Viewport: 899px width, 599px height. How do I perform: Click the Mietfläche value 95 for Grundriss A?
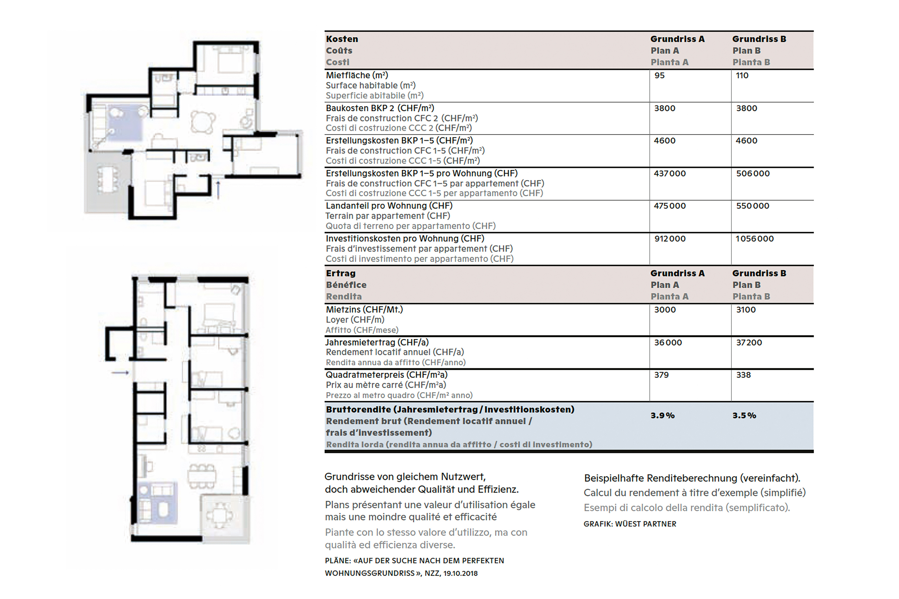click(659, 75)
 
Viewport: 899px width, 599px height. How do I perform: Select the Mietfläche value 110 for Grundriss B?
click(742, 75)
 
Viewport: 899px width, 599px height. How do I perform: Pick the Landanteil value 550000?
click(753, 206)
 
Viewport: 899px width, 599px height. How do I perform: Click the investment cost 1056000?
click(754, 239)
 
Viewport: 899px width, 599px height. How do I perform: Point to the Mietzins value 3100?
click(746, 310)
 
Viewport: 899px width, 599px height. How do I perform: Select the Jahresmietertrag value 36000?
click(668, 343)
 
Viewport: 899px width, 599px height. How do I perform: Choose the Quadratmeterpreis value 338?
click(744, 375)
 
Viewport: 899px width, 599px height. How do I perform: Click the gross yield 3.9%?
click(662, 416)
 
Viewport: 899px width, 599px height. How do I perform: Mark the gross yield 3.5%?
click(744, 416)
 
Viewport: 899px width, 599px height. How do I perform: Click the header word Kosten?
click(342, 39)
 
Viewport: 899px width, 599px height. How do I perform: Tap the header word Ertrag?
click(341, 274)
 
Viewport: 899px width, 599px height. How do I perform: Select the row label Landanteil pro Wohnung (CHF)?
click(389, 206)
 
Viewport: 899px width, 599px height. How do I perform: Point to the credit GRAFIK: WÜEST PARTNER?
click(630, 524)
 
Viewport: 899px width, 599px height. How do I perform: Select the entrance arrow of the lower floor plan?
click(120, 373)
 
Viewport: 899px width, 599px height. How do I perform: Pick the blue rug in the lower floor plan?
click(157, 502)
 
